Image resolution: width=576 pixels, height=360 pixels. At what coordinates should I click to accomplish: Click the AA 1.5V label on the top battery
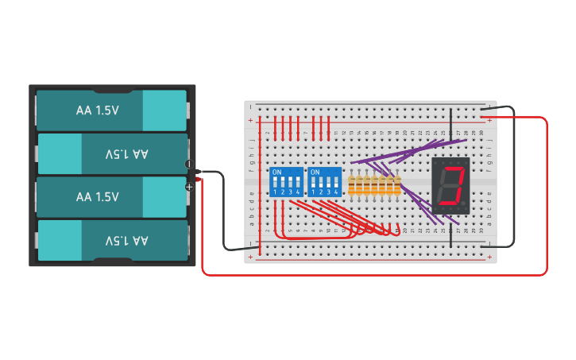[97, 110]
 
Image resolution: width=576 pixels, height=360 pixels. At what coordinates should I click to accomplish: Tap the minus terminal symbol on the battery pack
[189, 165]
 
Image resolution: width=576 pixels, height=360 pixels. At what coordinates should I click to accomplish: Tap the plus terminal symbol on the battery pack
[189, 187]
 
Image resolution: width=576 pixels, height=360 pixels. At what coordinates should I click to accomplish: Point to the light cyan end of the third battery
[164, 197]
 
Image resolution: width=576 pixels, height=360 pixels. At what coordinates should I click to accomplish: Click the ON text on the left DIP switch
[276, 172]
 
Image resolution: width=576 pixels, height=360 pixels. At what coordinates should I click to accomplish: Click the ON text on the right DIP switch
[315, 172]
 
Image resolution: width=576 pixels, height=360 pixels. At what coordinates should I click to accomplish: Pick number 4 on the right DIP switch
[337, 192]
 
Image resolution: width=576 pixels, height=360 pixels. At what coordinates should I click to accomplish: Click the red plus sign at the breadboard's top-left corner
[250, 120]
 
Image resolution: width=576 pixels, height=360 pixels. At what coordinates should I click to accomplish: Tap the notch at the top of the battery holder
[112, 90]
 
